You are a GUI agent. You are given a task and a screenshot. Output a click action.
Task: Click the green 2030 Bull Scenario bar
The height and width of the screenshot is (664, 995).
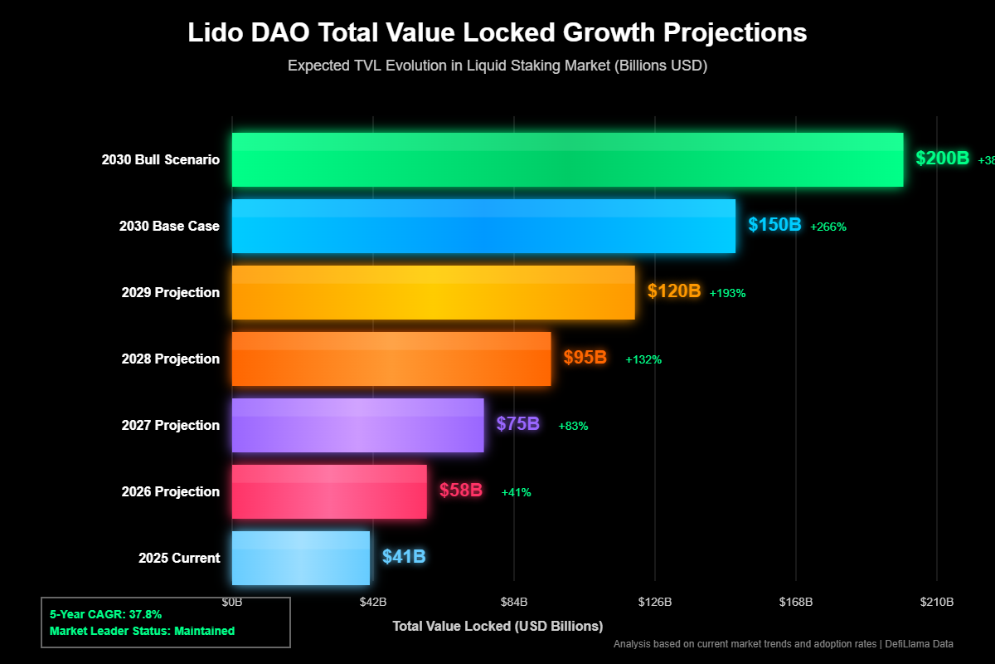[567, 159]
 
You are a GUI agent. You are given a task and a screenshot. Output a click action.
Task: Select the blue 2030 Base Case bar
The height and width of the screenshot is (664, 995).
[483, 226]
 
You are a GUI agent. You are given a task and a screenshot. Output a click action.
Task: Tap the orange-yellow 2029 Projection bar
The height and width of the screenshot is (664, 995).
[433, 292]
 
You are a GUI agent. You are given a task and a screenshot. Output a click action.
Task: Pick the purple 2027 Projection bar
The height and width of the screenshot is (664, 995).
[357, 425]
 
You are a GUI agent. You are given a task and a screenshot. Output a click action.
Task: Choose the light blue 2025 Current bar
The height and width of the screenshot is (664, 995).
[300, 558]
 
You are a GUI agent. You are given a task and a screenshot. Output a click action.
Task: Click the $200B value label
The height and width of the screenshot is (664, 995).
[942, 159]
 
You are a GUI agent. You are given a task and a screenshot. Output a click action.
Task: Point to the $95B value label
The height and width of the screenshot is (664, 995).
[585, 358]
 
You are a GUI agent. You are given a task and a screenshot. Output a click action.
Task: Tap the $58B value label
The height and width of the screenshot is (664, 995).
[460, 491]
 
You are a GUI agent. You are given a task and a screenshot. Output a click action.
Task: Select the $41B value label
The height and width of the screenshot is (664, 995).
[404, 557]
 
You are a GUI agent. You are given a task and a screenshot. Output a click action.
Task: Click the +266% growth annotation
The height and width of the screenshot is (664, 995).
[828, 227]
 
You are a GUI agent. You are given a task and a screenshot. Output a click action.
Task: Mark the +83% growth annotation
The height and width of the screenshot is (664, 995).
[573, 426]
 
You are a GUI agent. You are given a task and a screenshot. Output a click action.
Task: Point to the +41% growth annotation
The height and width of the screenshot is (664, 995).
[516, 492]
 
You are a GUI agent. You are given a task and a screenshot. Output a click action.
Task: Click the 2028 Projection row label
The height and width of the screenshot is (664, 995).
[170, 359]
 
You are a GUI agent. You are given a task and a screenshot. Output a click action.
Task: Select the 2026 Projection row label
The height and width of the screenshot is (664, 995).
[170, 491]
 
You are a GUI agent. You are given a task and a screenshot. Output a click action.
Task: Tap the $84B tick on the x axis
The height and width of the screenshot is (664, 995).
[514, 601]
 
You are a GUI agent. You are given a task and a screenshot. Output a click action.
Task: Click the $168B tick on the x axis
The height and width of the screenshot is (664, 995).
[796, 601]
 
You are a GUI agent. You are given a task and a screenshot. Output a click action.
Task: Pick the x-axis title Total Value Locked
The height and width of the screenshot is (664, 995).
[498, 625]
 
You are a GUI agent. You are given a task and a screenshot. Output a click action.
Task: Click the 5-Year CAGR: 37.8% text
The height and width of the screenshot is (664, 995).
[105, 614]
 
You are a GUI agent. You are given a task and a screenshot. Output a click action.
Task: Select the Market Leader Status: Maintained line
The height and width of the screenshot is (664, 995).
[142, 631]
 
